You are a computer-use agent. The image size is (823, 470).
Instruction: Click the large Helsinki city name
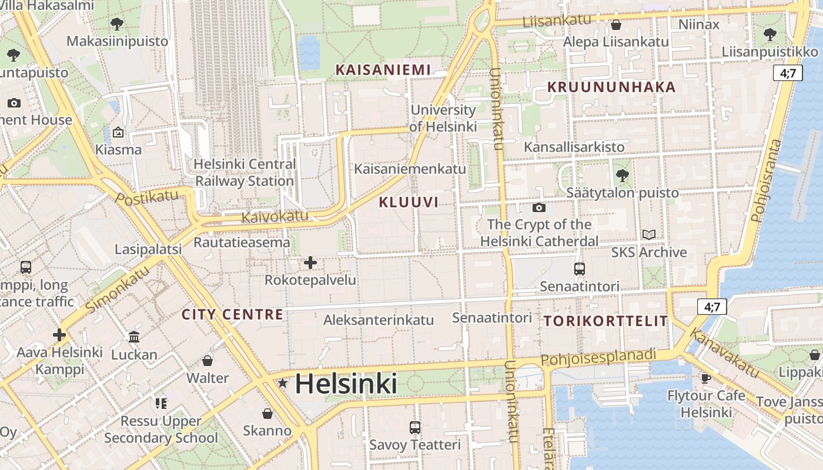[346, 384]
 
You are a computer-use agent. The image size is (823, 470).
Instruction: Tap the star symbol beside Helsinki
[283, 384]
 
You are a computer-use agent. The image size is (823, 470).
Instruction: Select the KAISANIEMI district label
[383, 69]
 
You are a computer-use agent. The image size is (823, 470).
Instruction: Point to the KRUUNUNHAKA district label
[611, 87]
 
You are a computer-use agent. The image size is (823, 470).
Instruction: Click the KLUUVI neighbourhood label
[409, 203]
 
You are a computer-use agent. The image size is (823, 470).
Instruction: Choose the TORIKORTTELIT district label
[605, 321]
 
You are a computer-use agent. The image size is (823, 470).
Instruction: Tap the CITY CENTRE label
[232, 314]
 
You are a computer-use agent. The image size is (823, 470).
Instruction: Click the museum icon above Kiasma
[118, 132]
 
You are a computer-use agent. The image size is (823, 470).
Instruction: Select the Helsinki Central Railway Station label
[245, 173]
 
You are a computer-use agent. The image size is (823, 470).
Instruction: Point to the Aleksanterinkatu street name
[379, 320]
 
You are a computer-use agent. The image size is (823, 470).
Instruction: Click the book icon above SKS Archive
[648, 235]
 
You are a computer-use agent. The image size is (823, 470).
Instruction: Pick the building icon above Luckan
[134, 337]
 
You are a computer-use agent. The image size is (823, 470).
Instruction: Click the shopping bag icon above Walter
[207, 360]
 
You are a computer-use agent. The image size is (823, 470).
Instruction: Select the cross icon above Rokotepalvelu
[310, 263]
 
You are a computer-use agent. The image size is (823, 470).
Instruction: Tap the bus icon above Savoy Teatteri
[415, 427]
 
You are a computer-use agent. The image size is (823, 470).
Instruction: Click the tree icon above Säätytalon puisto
[622, 175]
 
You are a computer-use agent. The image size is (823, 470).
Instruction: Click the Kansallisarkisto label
[574, 146]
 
